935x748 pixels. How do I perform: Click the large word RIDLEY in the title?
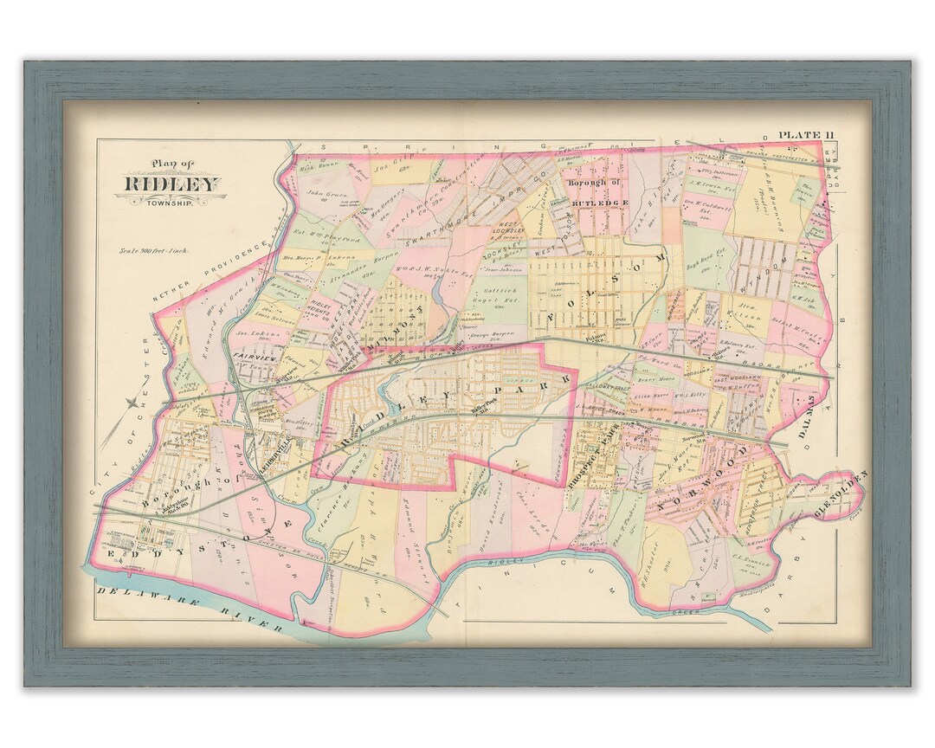[171, 184]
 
